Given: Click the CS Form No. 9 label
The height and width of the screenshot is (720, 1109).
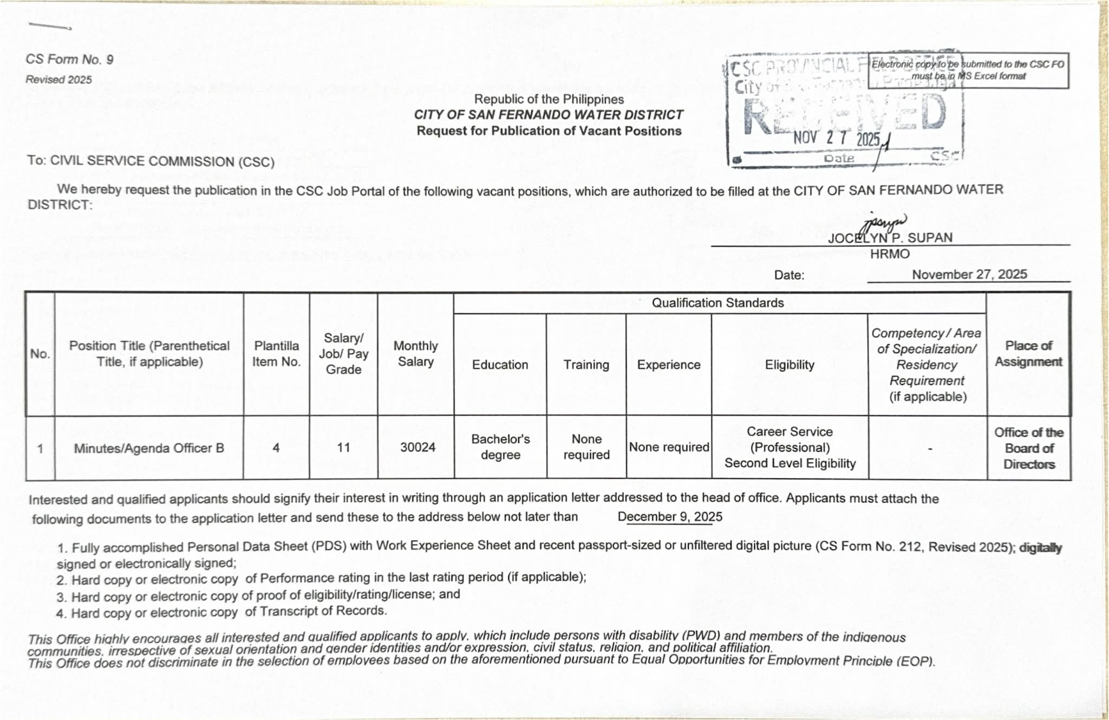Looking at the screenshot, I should coord(69,60).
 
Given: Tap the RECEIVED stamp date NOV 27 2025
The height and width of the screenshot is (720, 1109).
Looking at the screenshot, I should coord(837,139).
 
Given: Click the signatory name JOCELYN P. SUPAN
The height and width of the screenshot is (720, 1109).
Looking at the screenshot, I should coord(890,238).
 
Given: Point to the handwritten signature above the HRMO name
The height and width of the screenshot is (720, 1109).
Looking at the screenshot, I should coord(885,222).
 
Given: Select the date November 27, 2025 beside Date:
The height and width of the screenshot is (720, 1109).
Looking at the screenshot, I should coord(969,275).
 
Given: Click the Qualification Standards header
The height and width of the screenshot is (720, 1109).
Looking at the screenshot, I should coord(717,303).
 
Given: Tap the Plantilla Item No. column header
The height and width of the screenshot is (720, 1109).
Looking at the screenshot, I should coord(276,354).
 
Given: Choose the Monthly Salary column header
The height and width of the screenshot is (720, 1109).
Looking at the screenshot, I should coord(415,354).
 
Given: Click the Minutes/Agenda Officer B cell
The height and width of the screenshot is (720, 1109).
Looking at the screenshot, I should coord(149,449).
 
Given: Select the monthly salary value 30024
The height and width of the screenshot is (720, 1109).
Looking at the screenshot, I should coord(417,447).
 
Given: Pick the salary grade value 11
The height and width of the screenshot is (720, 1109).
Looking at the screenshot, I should coord(343,447).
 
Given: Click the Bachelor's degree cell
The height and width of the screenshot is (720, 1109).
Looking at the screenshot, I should coord(500,447).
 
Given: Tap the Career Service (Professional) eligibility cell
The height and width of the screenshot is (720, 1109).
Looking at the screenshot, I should coord(790,447).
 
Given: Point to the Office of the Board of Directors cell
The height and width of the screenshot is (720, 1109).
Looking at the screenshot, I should coord(1029,448).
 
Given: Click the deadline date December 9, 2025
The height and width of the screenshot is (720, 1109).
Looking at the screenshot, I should coord(670,517).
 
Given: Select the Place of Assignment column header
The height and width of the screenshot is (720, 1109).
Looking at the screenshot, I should coord(1028,354).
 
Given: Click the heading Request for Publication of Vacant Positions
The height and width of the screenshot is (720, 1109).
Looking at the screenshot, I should coord(549,131).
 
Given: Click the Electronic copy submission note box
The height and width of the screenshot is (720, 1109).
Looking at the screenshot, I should coord(968,70).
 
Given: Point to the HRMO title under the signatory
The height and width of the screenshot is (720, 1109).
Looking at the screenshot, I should coord(890,254).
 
